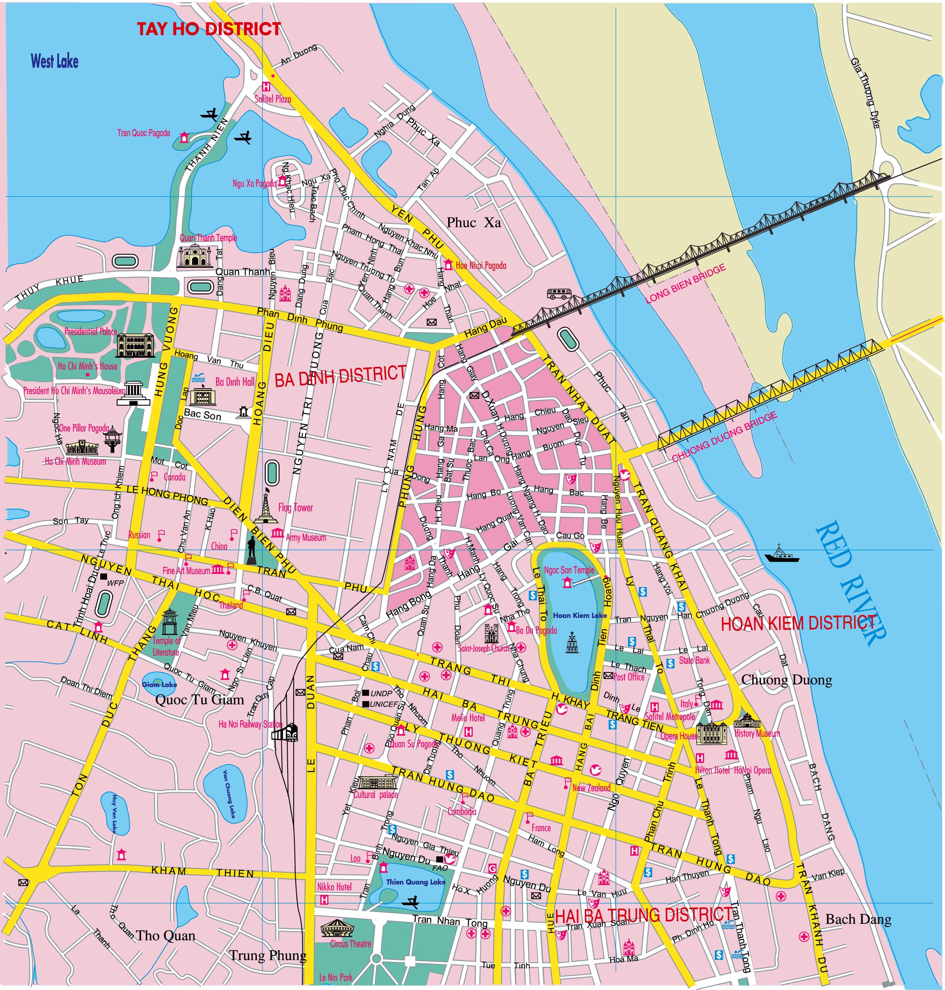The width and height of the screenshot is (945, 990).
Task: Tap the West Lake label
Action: click(54, 61)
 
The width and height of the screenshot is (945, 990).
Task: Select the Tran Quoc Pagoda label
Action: click(143, 133)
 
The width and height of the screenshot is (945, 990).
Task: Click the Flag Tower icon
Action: click(265, 505)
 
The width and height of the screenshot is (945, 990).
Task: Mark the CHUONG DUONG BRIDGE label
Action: click(724, 437)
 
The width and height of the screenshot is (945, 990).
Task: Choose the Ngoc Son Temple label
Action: click(569, 570)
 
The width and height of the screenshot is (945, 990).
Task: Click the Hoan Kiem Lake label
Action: click(580, 615)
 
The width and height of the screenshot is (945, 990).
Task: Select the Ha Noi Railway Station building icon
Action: click(286, 732)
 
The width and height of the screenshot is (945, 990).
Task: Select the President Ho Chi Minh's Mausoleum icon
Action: click(134, 393)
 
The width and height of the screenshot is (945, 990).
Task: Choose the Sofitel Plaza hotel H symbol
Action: click(265, 87)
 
